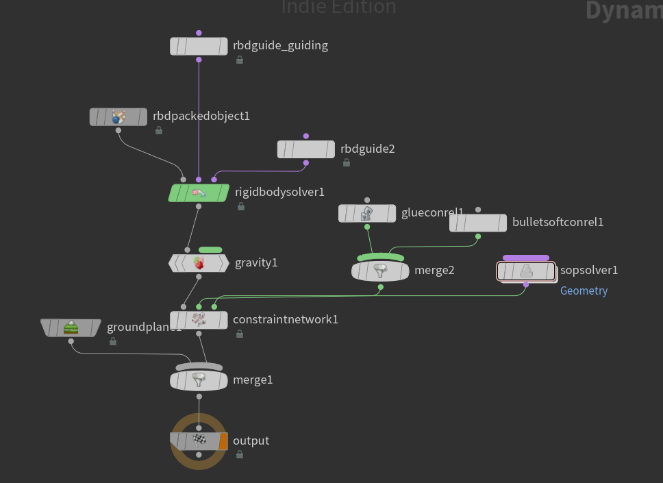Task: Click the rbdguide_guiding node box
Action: tap(199, 46)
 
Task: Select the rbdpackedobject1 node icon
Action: tap(118, 116)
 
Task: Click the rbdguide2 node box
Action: tap(305, 149)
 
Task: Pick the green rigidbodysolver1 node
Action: tap(199, 193)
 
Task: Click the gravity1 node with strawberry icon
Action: tap(199, 263)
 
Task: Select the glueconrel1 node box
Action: tap(367, 214)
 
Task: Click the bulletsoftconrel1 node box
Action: tap(477, 223)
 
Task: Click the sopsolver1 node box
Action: tap(526, 271)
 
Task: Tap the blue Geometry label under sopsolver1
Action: tap(584, 290)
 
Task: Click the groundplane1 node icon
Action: tap(71, 327)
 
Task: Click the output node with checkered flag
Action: tap(199, 441)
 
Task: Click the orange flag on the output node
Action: tap(223, 441)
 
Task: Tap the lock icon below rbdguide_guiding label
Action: tap(240, 60)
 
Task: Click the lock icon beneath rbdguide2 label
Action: tap(347, 163)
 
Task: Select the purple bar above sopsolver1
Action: tap(526, 258)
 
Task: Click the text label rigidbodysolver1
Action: tap(279, 192)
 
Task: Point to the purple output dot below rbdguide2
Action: tap(305, 163)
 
